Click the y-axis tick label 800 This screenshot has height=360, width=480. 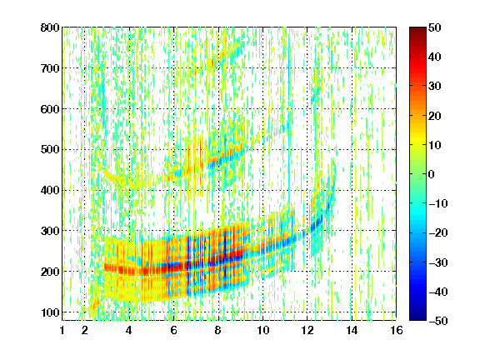[x=50, y=27]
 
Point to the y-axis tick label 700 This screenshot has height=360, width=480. [x=50, y=68]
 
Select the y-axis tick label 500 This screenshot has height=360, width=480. [x=50, y=150]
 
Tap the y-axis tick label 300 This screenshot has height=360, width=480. [x=50, y=231]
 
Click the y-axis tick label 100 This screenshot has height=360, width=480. [x=50, y=312]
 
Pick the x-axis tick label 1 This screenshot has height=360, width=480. [x=62, y=330]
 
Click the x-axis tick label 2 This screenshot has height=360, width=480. [x=85, y=330]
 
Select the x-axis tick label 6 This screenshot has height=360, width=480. [x=174, y=330]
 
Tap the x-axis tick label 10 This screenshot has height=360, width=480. [x=263, y=330]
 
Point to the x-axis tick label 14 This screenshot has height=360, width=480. [x=352, y=330]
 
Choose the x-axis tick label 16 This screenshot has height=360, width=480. [x=397, y=330]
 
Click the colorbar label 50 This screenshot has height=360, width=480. [x=435, y=27]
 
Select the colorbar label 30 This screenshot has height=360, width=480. [x=435, y=87]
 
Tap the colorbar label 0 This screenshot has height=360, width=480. [x=432, y=174]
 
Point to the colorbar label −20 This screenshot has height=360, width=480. [x=437, y=233]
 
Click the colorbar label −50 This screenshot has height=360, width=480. [x=437, y=321]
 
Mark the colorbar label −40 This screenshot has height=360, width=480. [x=437, y=292]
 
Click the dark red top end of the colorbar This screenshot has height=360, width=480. [x=417, y=28]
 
